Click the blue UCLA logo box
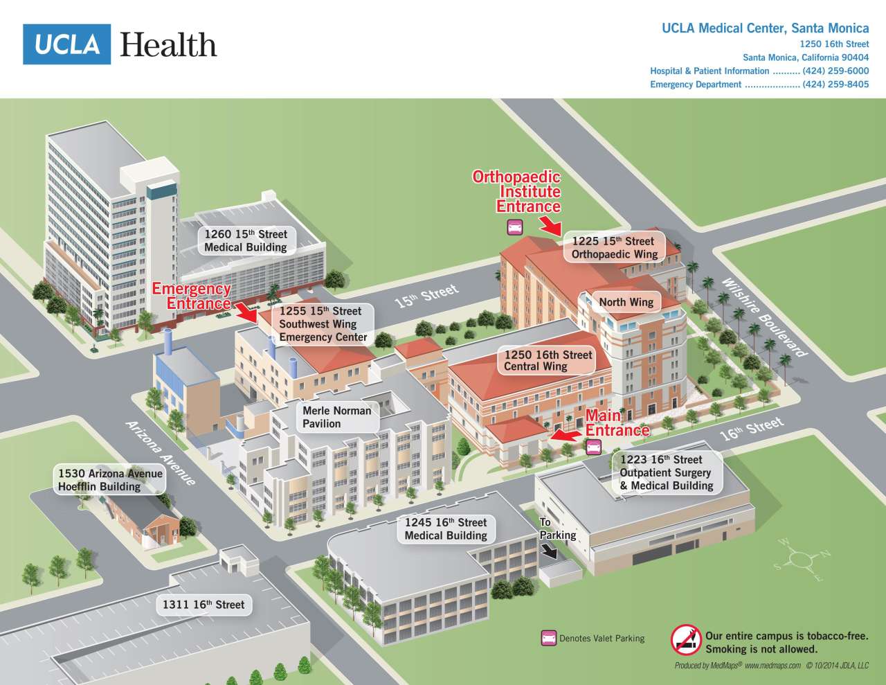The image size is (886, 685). [x=66, y=44]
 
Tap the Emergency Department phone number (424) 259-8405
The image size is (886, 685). [x=835, y=84]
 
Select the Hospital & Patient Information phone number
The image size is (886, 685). [x=835, y=71]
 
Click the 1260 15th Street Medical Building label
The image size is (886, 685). [x=246, y=241]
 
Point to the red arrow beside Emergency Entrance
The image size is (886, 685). [x=246, y=312]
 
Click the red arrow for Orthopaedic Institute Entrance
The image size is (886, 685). [x=551, y=225]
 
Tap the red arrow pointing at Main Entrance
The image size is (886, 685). [x=566, y=436]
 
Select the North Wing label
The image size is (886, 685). [x=626, y=302]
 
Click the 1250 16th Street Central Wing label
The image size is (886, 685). [x=548, y=361]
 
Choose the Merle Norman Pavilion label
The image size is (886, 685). [x=336, y=417]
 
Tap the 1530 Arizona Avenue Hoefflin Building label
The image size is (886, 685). [x=110, y=480]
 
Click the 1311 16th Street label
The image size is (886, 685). [x=204, y=605]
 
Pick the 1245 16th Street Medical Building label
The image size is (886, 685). [x=446, y=529]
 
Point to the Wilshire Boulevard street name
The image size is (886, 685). [x=764, y=317]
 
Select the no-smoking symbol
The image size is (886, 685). [x=685, y=639]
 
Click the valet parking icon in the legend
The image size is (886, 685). [x=548, y=638]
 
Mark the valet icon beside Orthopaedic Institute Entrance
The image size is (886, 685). [x=514, y=226]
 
